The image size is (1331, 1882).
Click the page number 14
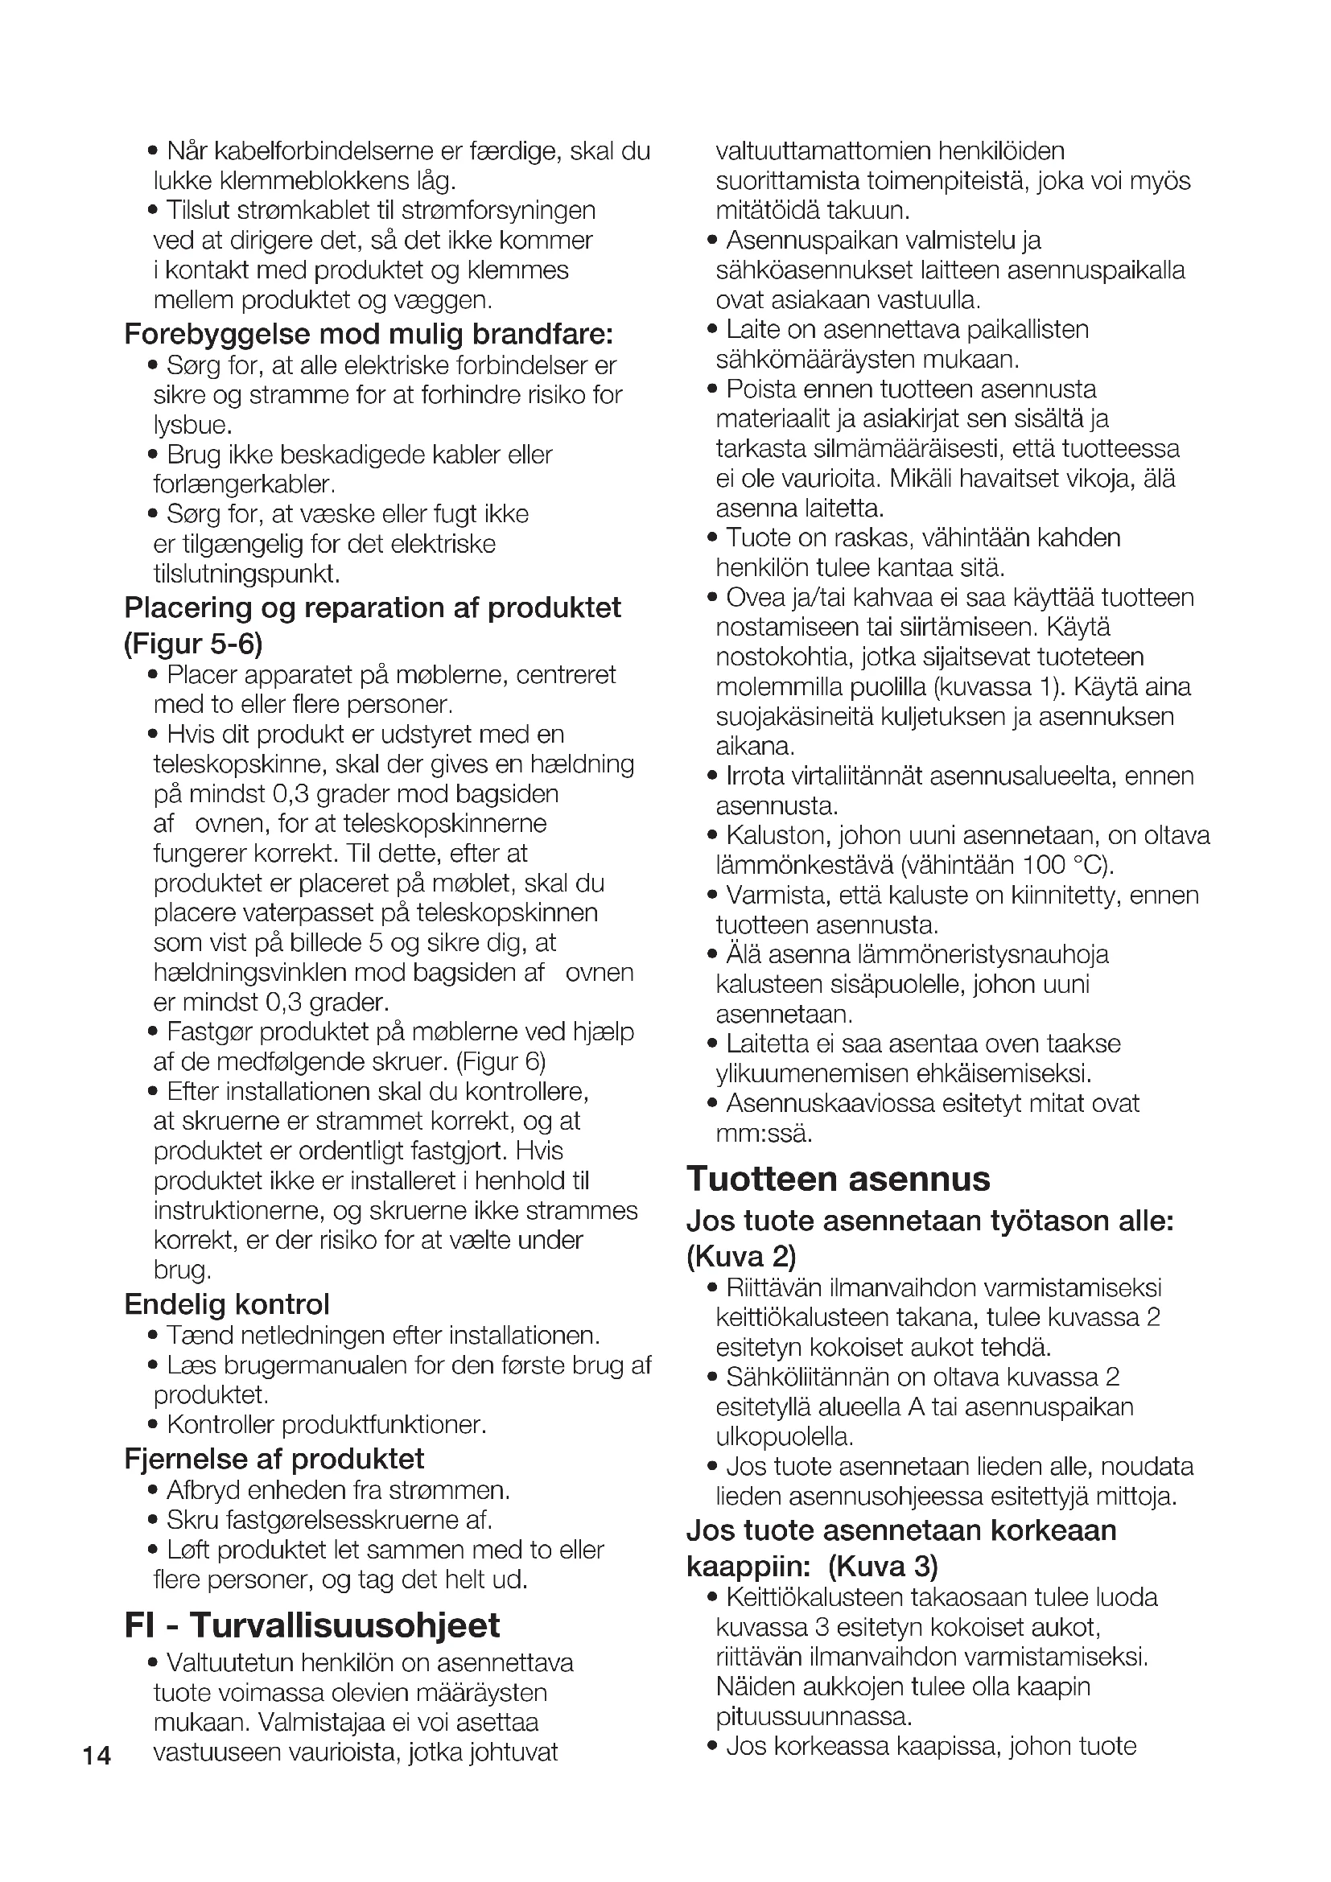pos(97,1756)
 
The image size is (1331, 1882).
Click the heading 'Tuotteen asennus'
pos(839,1180)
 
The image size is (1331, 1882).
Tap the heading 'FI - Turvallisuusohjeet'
pos(312,1625)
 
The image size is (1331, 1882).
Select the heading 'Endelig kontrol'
pos(227,1304)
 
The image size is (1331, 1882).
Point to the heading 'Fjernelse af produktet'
pos(274,1458)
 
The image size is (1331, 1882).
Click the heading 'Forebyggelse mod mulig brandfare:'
pos(369,335)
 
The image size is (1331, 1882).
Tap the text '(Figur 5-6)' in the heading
pos(193,644)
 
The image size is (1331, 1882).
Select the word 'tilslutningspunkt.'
pos(247,574)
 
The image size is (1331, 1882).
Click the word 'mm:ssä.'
pos(764,1134)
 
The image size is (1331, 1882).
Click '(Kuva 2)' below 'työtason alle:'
pos(741,1256)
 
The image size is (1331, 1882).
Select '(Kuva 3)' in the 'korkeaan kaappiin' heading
pos(883,1567)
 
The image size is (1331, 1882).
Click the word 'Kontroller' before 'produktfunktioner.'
pos(220,1425)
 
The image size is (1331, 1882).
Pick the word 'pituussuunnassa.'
pos(814,1716)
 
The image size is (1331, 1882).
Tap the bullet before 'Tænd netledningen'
pos(153,1337)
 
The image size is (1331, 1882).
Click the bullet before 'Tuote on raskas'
pos(712,539)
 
